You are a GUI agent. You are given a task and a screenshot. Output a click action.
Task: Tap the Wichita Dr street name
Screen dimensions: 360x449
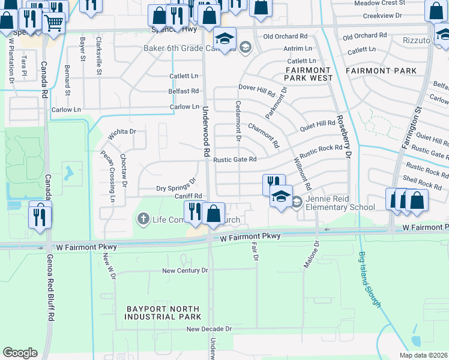[122, 134]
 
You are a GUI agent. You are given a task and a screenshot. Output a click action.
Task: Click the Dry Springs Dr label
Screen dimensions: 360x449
[176, 185]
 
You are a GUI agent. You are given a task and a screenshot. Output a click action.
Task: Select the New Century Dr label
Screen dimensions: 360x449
[185, 271]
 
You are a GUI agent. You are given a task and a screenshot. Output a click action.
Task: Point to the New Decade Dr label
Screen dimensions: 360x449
[208, 329]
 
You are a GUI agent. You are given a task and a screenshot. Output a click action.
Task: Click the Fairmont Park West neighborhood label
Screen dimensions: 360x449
[309, 74]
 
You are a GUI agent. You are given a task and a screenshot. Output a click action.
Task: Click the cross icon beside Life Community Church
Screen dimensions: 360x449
[143, 219]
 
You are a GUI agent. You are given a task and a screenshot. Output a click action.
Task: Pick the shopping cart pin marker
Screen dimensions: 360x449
[55, 23]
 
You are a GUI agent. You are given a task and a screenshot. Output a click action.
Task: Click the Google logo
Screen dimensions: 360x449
[20, 353]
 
